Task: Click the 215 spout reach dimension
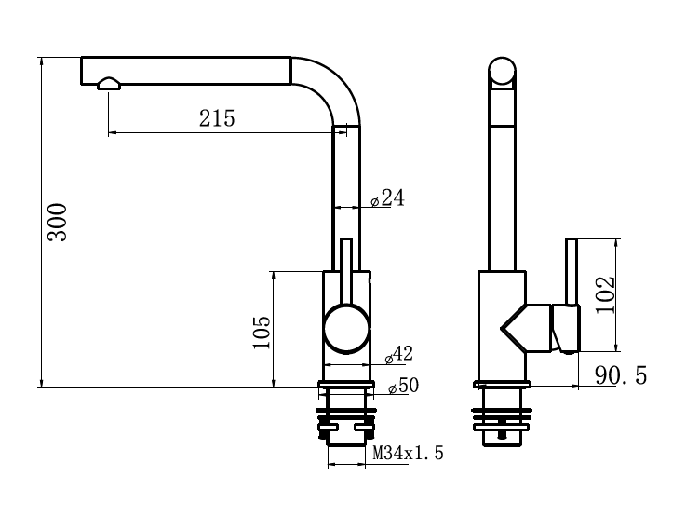click(x=217, y=118)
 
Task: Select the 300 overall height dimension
click(x=58, y=222)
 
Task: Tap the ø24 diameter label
click(x=387, y=197)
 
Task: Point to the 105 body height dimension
click(x=262, y=333)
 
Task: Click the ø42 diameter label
click(x=398, y=354)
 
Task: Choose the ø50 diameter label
click(x=403, y=386)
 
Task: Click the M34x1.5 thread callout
click(x=408, y=453)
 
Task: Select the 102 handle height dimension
click(x=605, y=294)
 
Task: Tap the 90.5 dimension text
click(x=621, y=375)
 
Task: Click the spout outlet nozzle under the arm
click(x=109, y=84)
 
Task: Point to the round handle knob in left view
click(x=347, y=329)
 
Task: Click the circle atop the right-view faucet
click(x=502, y=71)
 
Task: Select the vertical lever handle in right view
click(x=572, y=271)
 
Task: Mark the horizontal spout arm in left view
click(x=186, y=70)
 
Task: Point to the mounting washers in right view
click(x=502, y=419)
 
